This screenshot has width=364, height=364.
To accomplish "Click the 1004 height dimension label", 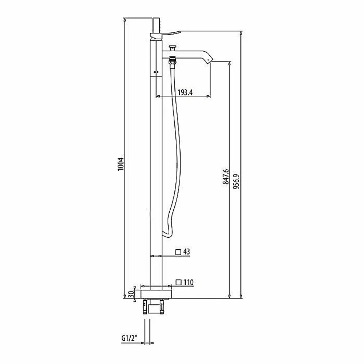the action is (x=121, y=165).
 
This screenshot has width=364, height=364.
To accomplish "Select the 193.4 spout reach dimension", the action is (x=185, y=92).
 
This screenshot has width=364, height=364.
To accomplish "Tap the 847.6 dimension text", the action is (x=226, y=177).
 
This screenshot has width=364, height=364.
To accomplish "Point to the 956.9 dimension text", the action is (x=236, y=182).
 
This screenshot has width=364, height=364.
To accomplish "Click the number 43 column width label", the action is (x=186, y=252).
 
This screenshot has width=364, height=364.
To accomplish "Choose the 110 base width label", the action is (x=188, y=282).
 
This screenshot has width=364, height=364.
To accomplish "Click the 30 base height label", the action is (x=131, y=294).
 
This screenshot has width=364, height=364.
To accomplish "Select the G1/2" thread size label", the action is (x=130, y=338).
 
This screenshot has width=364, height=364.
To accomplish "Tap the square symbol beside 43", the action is (x=178, y=252).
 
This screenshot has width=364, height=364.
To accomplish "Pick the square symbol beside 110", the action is (x=178, y=282).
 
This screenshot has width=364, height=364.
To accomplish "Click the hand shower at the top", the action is (x=156, y=25).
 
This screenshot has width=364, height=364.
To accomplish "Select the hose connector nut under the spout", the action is (x=172, y=62).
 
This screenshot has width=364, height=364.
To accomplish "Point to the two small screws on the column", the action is (x=156, y=72).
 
